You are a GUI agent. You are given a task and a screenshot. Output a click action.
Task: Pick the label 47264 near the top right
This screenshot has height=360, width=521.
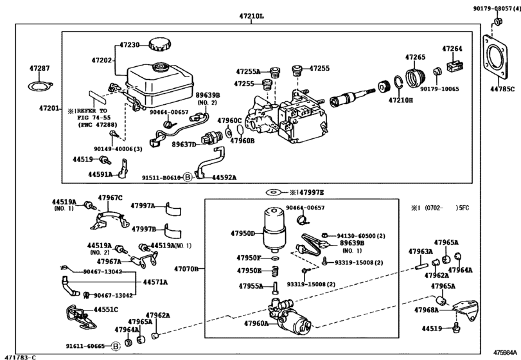pyautogui.click(x=452, y=48)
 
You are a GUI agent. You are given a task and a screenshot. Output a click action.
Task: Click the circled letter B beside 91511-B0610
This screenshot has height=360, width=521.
pyautogui.click(x=188, y=177)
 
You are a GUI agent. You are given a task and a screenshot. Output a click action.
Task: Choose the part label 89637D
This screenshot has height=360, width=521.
pyautogui.click(x=184, y=145)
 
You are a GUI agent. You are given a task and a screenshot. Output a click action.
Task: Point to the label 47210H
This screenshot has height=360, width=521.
pyautogui.click(x=400, y=100)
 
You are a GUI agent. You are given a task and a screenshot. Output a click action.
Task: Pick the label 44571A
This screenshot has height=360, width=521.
pyautogui.click(x=155, y=282)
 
